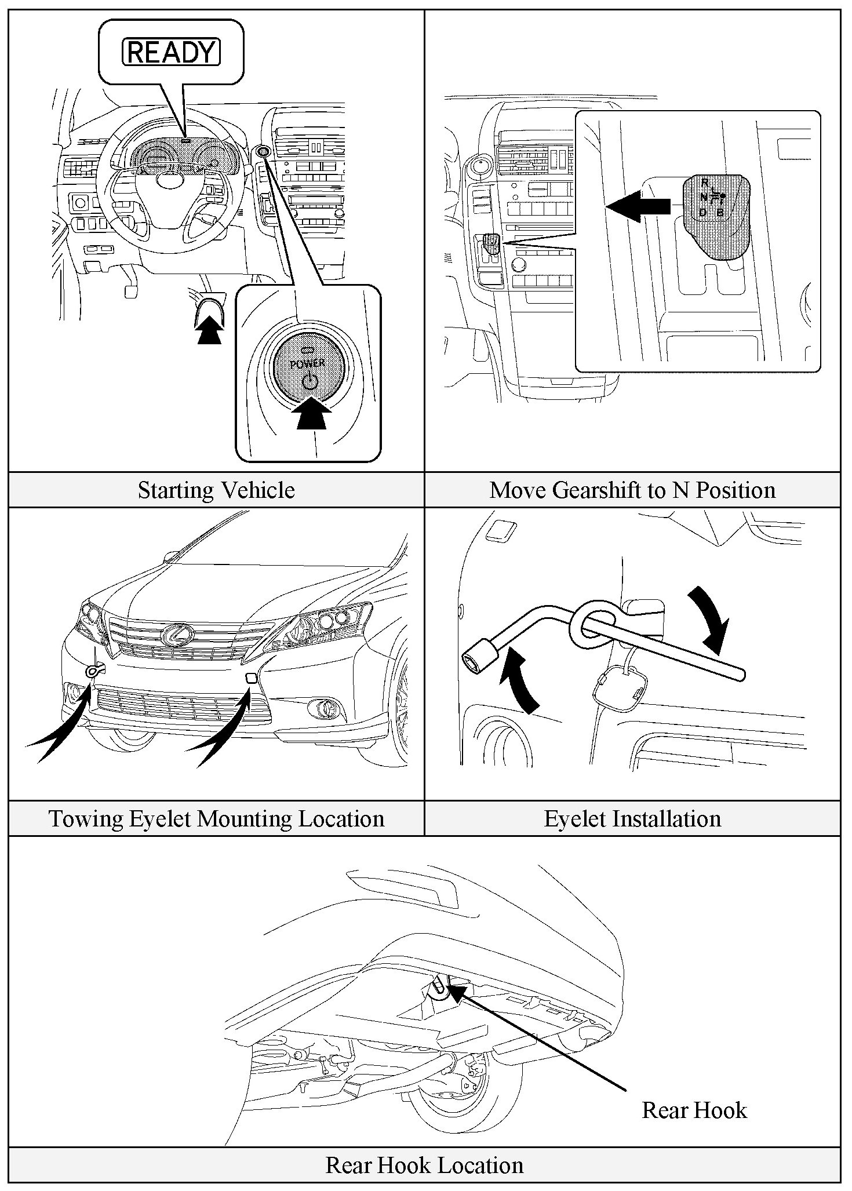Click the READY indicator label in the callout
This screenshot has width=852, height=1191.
coord(172,52)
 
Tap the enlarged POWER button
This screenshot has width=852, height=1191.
coord(309,367)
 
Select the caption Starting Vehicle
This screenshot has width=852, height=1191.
coord(216,490)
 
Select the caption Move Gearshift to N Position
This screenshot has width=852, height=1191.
coord(632,490)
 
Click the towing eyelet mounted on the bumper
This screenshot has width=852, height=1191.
coord(94,671)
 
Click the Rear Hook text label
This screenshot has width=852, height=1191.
coord(694,1110)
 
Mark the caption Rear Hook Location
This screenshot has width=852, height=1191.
coord(424,1165)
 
